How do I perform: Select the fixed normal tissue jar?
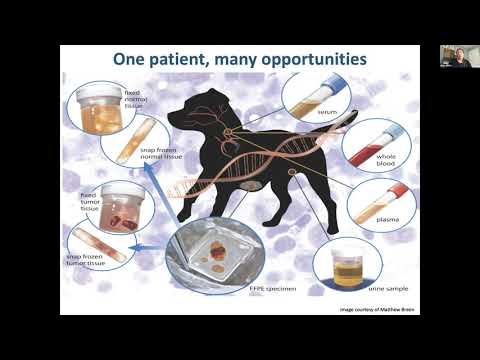pos(103,108)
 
